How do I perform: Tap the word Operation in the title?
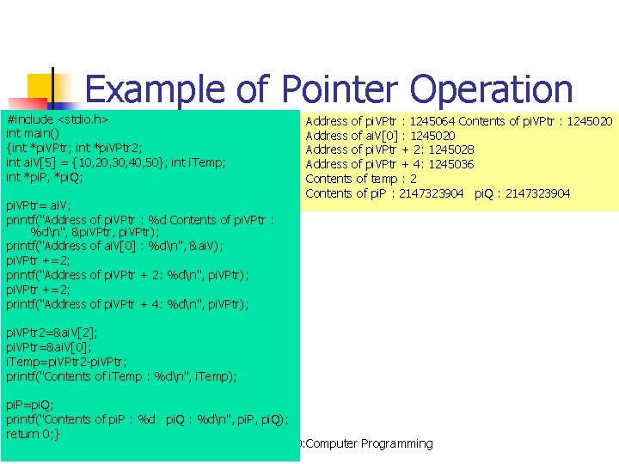[x=492, y=90]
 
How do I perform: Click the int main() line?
[x=33, y=133]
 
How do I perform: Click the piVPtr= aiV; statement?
[x=39, y=205]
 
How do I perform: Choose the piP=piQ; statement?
[x=30, y=405]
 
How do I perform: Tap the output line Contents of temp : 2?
[x=361, y=179]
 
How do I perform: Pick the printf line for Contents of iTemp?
[x=121, y=375]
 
